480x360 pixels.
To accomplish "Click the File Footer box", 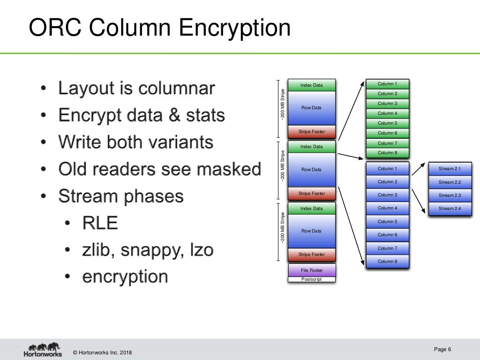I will [312, 270].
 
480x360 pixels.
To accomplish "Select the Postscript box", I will [312, 279].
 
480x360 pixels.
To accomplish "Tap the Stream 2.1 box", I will [450, 169].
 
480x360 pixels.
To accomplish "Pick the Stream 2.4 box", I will [450, 209].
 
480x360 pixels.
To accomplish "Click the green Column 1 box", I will [387, 84].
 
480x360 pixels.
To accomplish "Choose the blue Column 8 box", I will [387, 261].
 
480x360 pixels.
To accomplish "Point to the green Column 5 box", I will [387, 123].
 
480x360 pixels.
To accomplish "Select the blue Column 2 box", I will [387, 182].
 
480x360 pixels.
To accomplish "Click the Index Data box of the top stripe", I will [312, 85].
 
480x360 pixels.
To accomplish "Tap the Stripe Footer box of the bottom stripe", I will [312, 255].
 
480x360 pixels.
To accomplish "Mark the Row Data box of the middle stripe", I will [312, 170].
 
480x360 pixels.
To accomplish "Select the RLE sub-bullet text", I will [100, 223].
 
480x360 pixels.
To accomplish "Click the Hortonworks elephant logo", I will [43, 350].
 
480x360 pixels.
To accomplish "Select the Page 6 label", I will [442, 349].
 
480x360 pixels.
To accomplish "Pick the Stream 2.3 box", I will [450, 195].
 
